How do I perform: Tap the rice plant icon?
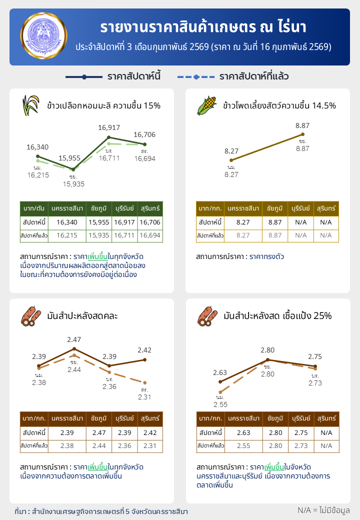[31, 105]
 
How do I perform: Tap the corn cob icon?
[207, 105]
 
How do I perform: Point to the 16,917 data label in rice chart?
[108, 128]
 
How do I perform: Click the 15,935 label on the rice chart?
[73, 184]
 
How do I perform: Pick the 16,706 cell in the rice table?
[150, 222]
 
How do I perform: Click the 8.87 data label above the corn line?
[302, 125]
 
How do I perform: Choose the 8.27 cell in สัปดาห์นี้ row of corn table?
[243, 222]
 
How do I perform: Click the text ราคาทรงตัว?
[266, 256]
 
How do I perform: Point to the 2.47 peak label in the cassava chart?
[74, 340]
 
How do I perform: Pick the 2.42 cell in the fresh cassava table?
[150, 432]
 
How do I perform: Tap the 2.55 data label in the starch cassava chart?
[220, 404]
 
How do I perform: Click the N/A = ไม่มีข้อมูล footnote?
[323, 510]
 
